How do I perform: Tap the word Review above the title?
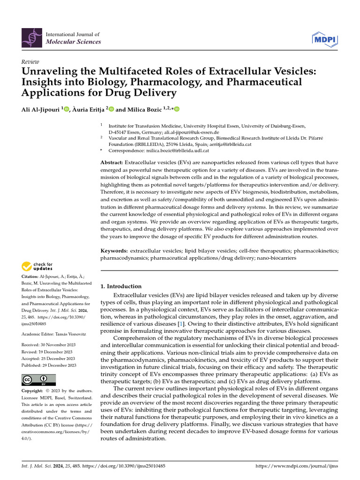(30, 62)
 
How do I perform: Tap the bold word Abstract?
(112, 162)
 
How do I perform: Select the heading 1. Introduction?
(121, 286)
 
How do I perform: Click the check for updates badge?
(37, 267)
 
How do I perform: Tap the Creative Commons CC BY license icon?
(39, 380)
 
